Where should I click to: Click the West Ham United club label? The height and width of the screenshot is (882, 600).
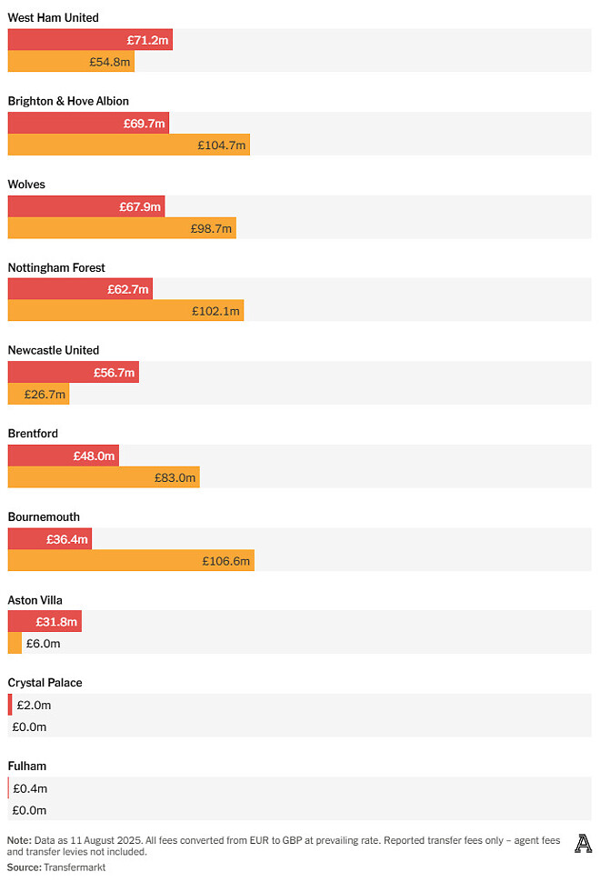coord(54,18)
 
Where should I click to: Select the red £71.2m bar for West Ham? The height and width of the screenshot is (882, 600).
coord(90,40)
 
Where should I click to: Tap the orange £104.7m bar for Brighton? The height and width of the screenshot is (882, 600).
coord(128,145)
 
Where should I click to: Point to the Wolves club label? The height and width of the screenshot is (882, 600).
coord(26,185)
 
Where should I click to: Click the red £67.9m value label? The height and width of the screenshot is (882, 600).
coord(140,206)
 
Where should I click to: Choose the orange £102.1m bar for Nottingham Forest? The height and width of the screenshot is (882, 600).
coord(125,311)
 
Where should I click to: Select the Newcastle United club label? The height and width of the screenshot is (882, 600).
coord(54,350)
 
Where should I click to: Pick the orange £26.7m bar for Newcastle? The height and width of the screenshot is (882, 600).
coord(38,394)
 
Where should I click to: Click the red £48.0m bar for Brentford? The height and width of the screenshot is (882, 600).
coord(64,456)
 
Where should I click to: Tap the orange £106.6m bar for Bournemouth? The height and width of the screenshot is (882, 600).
coord(131,561)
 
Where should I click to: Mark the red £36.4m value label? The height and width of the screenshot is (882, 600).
coord(67,539)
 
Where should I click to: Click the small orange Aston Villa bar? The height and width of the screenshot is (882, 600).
coord(15,644)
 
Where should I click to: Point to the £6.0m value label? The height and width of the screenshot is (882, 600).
coord(43,644)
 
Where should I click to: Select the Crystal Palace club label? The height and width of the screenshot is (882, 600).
coord(45,683)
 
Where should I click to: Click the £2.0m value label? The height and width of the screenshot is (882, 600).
coord(33,705)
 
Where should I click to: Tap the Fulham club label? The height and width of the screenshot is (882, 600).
coord(27,767)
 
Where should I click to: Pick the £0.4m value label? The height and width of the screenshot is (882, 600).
coord(30,788)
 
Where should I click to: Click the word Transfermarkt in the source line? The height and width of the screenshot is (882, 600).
coord(74,867)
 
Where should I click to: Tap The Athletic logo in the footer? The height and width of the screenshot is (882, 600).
coord(583,844)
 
